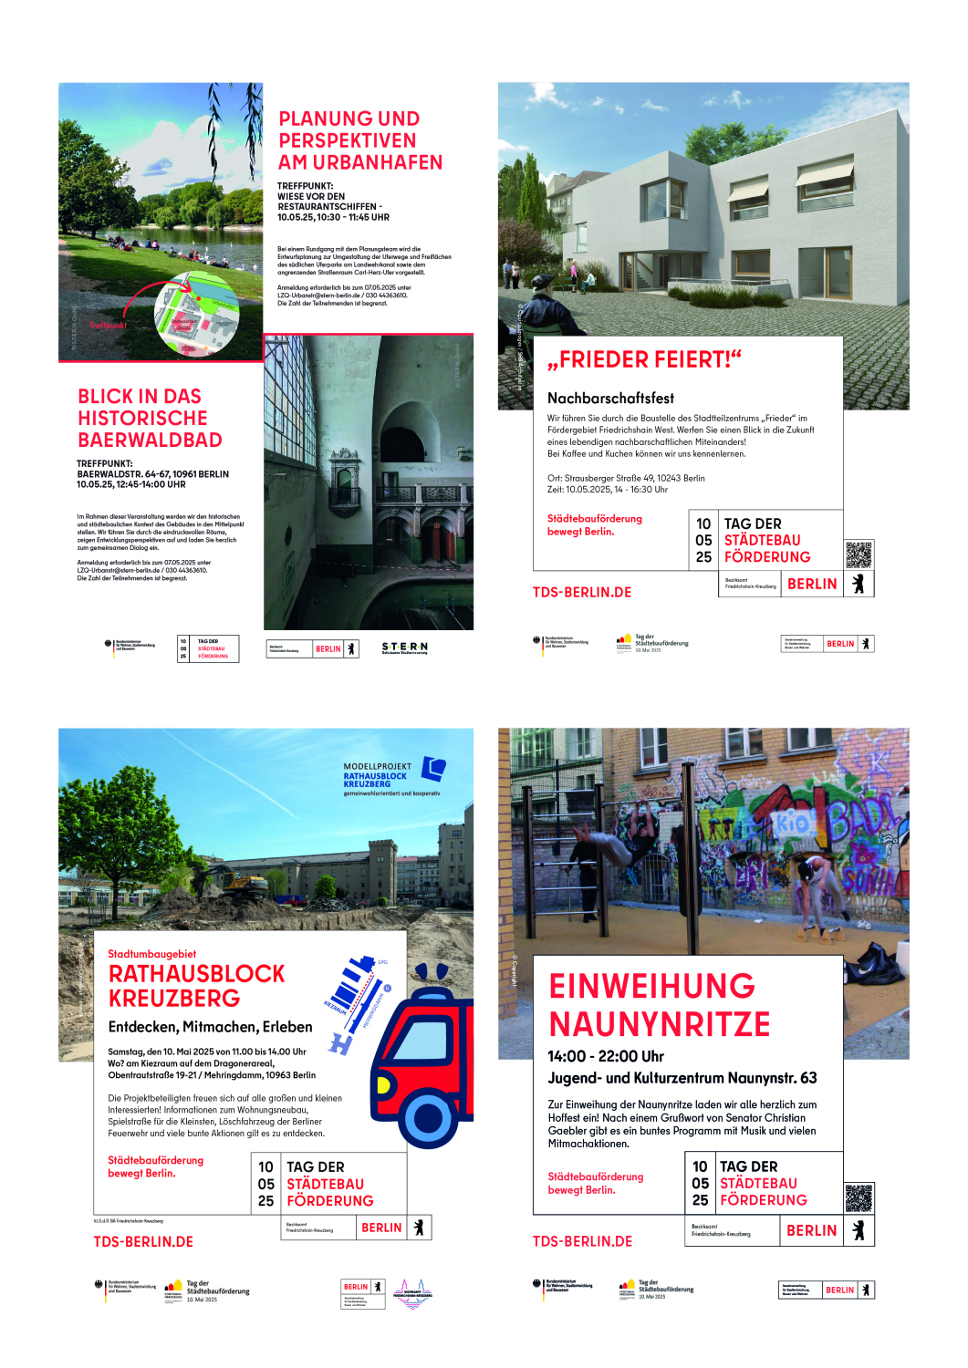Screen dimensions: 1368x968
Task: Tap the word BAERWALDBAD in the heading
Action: pyautogui.click(x=150, y=440)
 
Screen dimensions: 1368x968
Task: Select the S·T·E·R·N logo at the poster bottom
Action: pyautogui.click(x=404, y=648)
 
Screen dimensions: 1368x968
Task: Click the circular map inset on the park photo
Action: pyautogui.click(x=197, y=313)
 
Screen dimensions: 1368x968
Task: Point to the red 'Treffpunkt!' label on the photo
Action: pyautogui.click(x=108, y=325)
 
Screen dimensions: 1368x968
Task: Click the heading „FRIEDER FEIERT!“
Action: pyautogui.click(x=644, y=359)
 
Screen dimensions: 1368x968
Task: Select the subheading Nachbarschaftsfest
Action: pyautogui.click(x=610, y=398)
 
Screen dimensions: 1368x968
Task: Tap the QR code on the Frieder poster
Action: pyautogui.click(x=858, y=554)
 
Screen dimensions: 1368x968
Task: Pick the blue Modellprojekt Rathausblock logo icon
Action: pyautogui.click(x=433, y=769)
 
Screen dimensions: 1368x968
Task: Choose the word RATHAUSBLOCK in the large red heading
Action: pyautogui.click(x=197, y=973)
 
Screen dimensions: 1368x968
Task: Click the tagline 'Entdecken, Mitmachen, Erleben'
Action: pyautogui.click(x=210, y=1026)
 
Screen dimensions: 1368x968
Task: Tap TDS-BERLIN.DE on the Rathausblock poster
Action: pyautogui.click(x=143, y=1241)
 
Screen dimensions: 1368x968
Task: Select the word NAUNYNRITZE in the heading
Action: pyautogui.click(x=660, y=1024)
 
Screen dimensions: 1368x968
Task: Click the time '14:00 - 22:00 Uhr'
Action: pyautogui.click(x=605, y=1056)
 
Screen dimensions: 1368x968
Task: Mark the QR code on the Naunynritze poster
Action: pyautogui.click(x=858, y=1197)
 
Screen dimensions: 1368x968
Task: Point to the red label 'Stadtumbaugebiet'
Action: pyautogui.click(x=151, y=954)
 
